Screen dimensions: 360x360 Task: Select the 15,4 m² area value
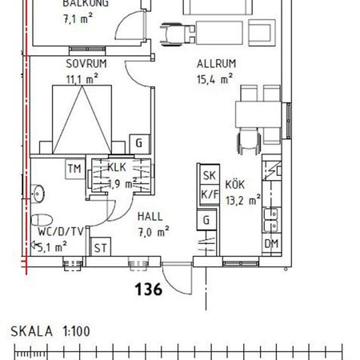pos(214,78)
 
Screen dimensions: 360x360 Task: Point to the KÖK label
pos(234,184)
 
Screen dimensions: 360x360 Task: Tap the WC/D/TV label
pos(60,232)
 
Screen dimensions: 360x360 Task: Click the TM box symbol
pos(74,169)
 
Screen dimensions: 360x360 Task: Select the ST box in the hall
pos(101,248)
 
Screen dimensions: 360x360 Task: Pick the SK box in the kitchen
pos(210,176)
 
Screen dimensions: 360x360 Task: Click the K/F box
pos(210,194)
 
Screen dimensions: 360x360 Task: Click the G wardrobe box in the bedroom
pos(139,143)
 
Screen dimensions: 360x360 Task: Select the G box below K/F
pos(207,220)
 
